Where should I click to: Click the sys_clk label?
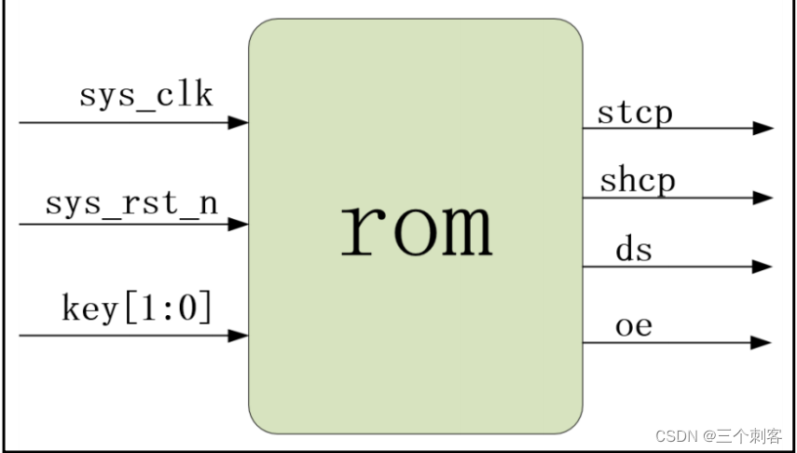click(146, 96)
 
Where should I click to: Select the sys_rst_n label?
click(131, 203)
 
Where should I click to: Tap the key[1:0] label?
click(137, 308)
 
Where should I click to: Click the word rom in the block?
click(416, 228)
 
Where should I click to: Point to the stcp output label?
click(635, 113)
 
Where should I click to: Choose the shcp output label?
click(637, 180)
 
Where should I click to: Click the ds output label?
click(634, 250)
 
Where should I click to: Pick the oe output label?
click(634, 326)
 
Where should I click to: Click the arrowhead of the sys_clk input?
click(239, 122)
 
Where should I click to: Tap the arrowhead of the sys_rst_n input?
click(239, 225)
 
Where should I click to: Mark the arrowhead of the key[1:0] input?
click(239, 336)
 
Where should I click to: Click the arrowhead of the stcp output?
click(763, 129)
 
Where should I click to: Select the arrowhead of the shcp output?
click(763, 198)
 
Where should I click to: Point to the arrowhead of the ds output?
click(763, 267)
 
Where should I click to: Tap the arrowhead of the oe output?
click(763, 343)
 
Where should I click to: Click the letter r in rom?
click(357, 230)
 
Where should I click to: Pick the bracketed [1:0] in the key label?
click(178, 308)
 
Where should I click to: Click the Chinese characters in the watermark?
click(749, 436)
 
